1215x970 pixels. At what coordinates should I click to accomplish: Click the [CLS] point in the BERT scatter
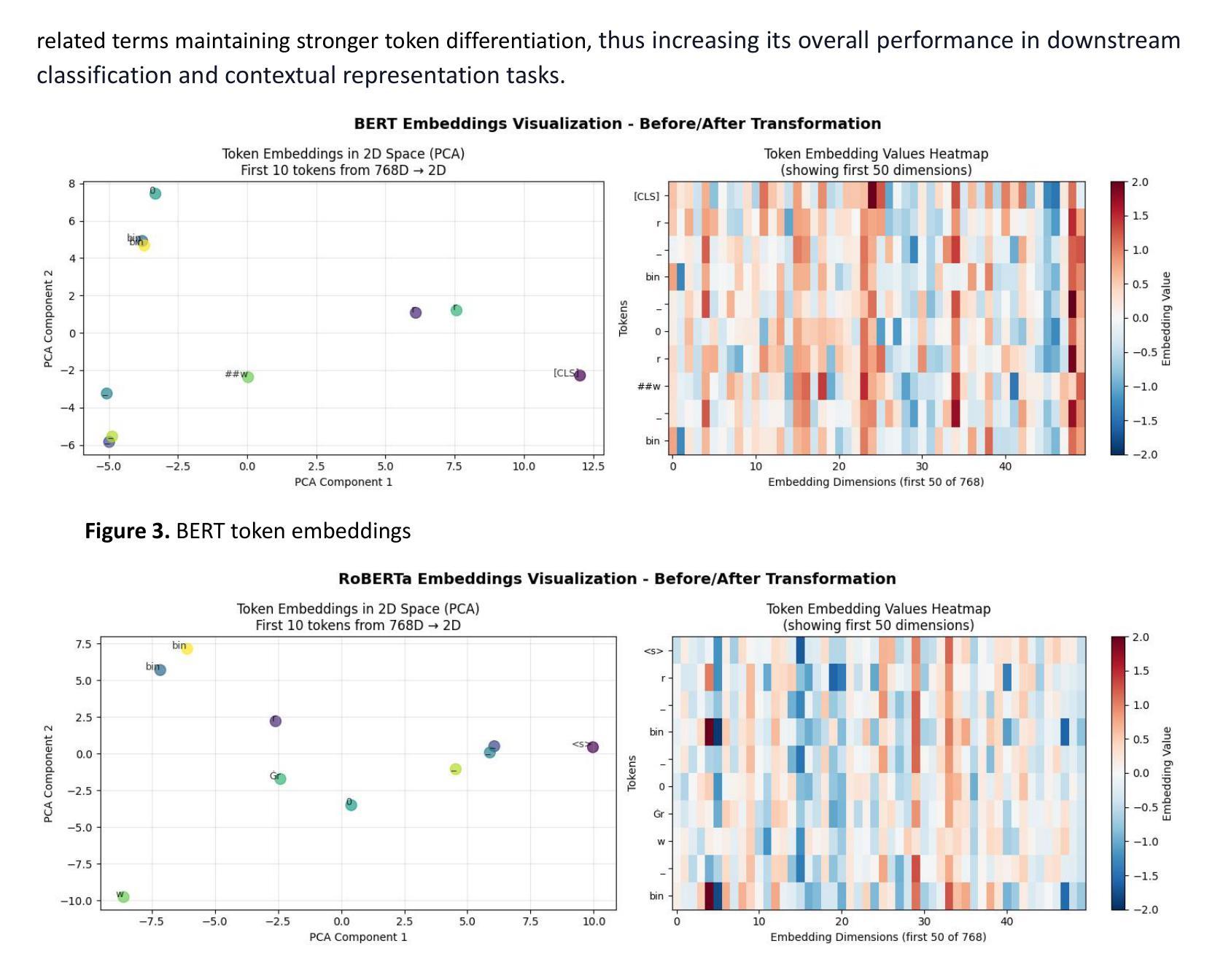(580, 376)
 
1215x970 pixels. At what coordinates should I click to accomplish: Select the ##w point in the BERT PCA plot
(248, 377)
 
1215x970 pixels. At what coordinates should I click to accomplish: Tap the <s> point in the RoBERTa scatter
(593, 747)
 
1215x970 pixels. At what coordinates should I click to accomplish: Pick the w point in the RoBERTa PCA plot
(124, 897)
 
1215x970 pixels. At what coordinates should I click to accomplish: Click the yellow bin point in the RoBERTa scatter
(187, 648)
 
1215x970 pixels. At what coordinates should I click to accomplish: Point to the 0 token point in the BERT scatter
(155, 193)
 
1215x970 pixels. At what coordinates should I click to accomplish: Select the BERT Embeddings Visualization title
(617, 123)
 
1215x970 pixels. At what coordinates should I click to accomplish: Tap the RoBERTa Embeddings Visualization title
(617, 578)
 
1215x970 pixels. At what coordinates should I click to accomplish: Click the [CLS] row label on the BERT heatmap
(646, 196)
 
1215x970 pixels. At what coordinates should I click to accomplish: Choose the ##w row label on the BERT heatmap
(649, 387)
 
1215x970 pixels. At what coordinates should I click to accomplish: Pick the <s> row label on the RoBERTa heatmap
(653, 651)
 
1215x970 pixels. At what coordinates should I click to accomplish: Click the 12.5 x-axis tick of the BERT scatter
(593, 467)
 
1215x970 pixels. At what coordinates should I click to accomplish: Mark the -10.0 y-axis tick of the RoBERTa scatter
(77, 901)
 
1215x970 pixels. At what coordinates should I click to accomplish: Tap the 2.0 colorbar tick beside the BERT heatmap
(1139, 182)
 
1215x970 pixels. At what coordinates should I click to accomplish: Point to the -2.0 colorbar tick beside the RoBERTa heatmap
(1139, 909)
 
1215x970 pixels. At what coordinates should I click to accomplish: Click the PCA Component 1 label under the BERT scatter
(343, 482)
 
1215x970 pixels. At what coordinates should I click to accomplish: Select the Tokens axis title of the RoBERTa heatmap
(632, 773)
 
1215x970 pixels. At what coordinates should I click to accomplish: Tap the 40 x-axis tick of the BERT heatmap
(1005, 467)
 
